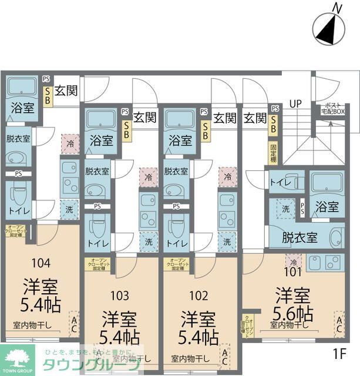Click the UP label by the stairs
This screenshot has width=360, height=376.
point(295,104)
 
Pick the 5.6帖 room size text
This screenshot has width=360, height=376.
point(291,311)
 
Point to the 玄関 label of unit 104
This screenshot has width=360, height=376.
point(65,91)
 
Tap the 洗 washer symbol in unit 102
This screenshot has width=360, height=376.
point(226,241)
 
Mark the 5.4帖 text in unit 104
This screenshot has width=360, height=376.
point(40,305)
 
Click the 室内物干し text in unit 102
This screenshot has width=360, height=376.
point(190,358)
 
